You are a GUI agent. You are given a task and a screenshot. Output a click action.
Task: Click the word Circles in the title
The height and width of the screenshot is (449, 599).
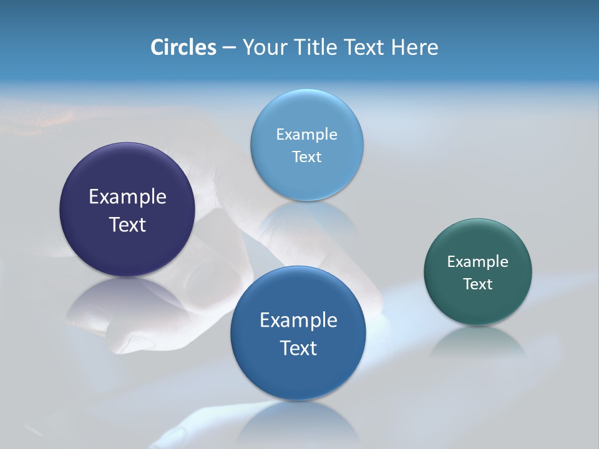point(183,47)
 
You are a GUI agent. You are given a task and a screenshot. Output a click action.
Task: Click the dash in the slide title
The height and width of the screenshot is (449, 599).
point(229,48)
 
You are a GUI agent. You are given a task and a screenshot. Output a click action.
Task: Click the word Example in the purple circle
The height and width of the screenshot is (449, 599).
point(127,197)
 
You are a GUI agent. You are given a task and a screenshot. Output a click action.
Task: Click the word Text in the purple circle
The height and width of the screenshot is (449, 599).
point(127,224)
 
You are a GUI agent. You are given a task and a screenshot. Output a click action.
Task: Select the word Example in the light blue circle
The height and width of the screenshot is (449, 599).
point(307,135)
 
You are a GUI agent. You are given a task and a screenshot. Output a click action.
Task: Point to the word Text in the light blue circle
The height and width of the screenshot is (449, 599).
point(307,157)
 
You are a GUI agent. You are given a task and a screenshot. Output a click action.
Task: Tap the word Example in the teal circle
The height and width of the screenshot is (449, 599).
point(478,262)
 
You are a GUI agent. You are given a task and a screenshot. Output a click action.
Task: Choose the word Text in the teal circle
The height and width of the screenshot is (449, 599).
point(478,284)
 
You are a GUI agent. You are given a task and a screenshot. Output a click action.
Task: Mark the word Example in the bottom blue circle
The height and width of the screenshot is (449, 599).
point(298,321)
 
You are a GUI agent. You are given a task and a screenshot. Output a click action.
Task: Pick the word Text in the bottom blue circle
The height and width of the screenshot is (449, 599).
point(298,348)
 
